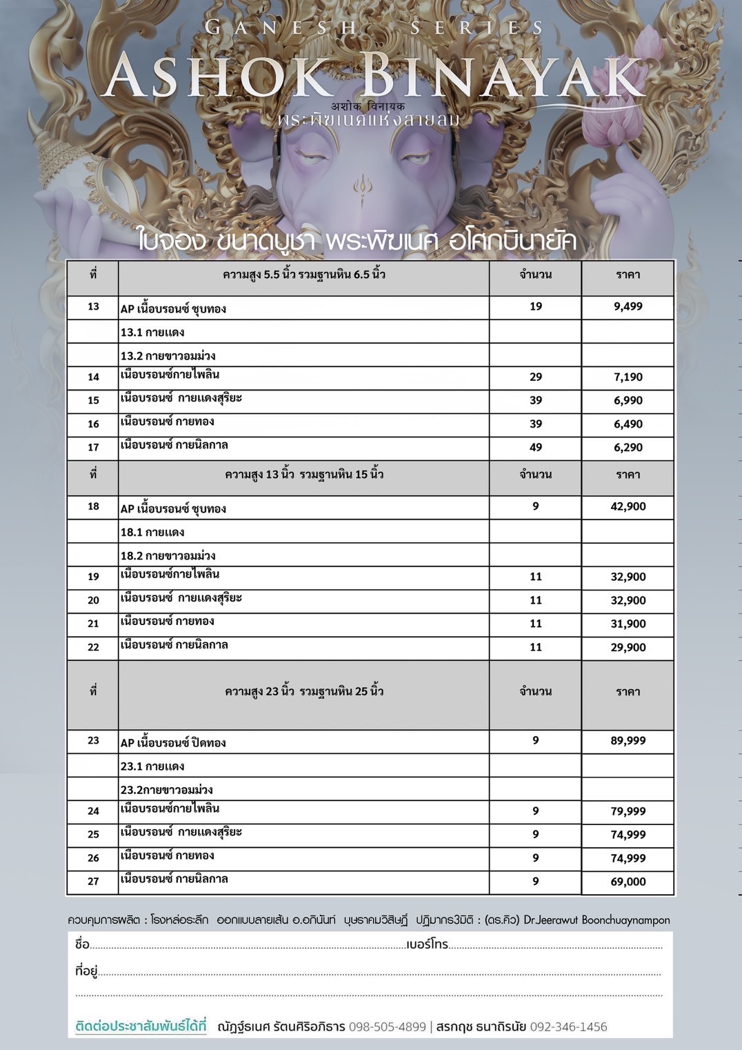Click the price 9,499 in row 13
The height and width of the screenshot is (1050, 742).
[628, 306]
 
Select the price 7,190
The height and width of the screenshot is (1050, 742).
[628, 377]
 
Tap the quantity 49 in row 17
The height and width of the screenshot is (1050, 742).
[536, 447]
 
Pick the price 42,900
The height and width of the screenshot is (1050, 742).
[628, 506]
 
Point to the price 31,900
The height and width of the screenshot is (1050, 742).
[628, 624]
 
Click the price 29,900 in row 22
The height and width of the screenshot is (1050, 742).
[628, 647]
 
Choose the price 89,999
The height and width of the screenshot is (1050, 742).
[628, 740]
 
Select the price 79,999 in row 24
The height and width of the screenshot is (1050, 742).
[628, 811]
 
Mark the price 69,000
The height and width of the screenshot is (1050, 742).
[628, 882]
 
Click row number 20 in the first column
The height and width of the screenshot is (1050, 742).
[93, 600]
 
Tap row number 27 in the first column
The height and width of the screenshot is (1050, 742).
[93, 882]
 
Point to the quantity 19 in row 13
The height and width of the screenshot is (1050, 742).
[536, 306]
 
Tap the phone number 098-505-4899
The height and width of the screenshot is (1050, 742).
[388, 1027]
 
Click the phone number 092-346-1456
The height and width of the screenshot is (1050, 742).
[568, 1027]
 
